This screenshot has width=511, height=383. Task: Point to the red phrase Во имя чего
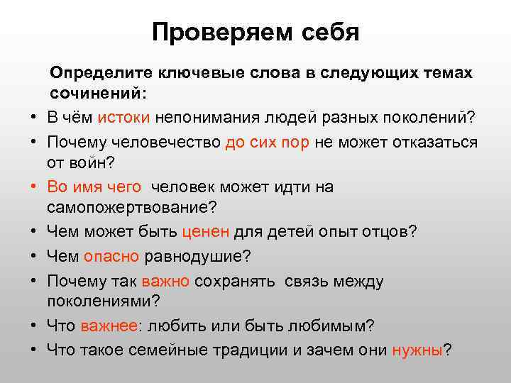point(94,187)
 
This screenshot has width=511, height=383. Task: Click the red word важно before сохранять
point(165,280)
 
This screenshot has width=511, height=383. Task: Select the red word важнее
point(110,326)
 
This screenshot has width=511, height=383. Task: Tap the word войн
point(90,164)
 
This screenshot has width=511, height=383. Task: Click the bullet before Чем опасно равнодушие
point(33,256)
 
